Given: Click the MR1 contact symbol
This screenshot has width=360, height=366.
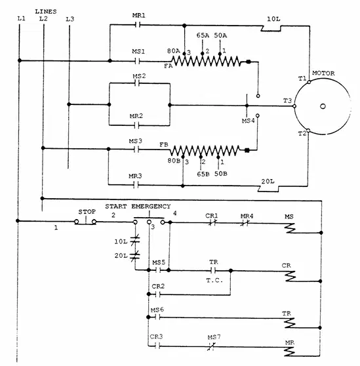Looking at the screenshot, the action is (138, 24).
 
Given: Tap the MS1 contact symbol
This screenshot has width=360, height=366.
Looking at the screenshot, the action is (137, 61).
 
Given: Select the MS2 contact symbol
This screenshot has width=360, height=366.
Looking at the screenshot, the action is (137, 83).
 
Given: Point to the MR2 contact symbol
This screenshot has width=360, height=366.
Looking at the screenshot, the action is (137, 125).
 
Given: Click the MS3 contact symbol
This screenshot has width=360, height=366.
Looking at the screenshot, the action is (136, 150).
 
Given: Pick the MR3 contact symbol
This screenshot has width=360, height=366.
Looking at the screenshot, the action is (136, 185).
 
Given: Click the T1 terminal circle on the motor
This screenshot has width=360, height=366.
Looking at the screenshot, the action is (309, 82).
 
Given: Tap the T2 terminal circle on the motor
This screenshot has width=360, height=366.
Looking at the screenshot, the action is (308, 131).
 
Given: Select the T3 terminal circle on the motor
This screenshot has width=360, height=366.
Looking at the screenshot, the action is (294, 106).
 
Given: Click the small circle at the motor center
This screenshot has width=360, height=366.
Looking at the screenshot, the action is (323, 106).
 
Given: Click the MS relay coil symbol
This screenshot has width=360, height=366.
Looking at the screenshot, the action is (290, 228).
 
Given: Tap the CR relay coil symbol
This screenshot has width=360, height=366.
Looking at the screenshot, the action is (290, 276).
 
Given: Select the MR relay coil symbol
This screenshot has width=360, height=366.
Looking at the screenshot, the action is (290, 352).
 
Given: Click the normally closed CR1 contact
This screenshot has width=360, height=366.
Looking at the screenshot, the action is (212, 222).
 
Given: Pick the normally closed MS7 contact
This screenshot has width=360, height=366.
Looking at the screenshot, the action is (211, 346).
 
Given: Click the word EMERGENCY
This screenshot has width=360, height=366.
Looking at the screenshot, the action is (151, 207).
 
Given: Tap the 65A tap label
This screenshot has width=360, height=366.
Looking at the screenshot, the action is (203, 35).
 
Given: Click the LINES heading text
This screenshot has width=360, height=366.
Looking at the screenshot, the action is (46, 11).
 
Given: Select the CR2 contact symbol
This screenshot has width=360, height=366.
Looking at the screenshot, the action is (158, 295).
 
